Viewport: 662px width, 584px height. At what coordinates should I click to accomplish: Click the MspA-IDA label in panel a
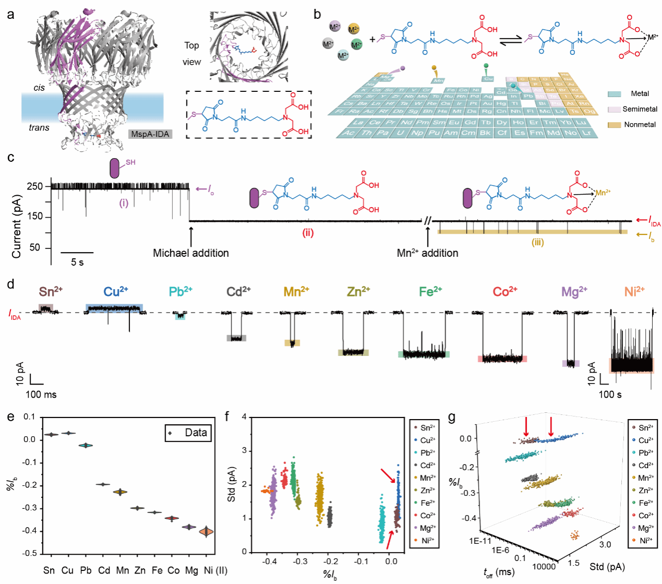coord(150,134)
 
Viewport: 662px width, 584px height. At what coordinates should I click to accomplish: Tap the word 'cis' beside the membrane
coord(39,88)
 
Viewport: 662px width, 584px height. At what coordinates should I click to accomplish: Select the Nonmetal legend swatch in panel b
coord(614,125)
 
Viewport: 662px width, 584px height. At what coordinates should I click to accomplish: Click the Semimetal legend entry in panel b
coord(640,109)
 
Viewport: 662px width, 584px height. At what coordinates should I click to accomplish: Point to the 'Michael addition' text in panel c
coord(191,253)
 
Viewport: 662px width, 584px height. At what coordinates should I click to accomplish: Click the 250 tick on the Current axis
coord(34,186)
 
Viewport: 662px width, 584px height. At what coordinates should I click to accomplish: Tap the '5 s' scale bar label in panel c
coord(77,262)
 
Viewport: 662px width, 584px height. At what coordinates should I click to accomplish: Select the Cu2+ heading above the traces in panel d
coord(115,292)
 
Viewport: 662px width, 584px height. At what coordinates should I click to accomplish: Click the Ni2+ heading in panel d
coord(634,292)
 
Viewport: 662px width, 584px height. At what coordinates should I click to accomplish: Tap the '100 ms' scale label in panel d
coord(41,395)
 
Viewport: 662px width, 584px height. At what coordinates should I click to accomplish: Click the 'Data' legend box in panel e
coord(188,433)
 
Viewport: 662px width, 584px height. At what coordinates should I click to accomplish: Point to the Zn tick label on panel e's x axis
coord(140,570)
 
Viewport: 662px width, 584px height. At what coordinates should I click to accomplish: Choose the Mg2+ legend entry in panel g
coord(646,528)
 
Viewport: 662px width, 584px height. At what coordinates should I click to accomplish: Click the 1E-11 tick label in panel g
coord(480,541)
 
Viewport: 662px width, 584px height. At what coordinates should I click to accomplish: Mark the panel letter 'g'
coord(452,418)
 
